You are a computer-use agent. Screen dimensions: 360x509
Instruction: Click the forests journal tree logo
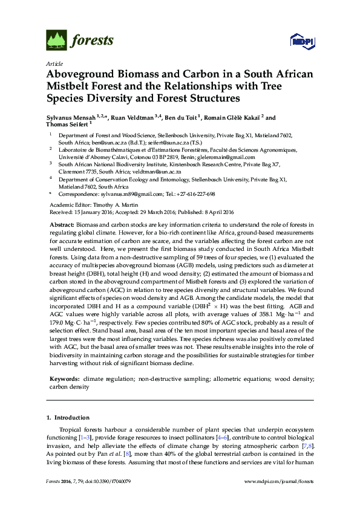click(x=57, y=41)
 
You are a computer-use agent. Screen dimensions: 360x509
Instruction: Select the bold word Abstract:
click(x=62, y=225)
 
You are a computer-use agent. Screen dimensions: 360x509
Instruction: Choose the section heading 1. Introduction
click(x=68, y=418)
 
